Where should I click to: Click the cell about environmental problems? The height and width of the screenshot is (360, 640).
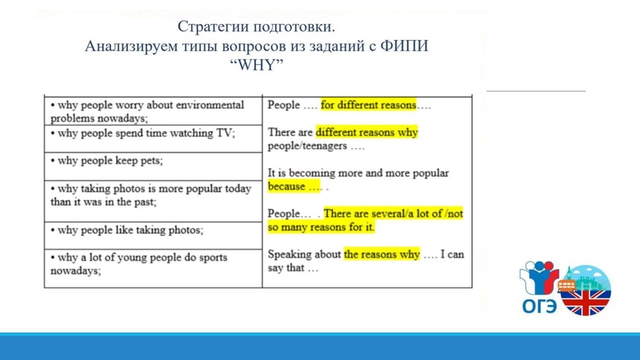pos(152,111)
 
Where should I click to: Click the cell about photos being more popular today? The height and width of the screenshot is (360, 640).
pos(152,195)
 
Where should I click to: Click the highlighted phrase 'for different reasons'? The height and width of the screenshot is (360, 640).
pos(368,106)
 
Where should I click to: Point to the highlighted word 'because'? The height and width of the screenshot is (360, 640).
pos(286,186)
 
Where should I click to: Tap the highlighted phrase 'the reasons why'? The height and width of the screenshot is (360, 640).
pos(382,254)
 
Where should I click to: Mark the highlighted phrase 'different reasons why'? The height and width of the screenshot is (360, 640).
pos(366,132)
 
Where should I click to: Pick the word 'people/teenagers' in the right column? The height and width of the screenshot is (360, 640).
pos(307,146)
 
